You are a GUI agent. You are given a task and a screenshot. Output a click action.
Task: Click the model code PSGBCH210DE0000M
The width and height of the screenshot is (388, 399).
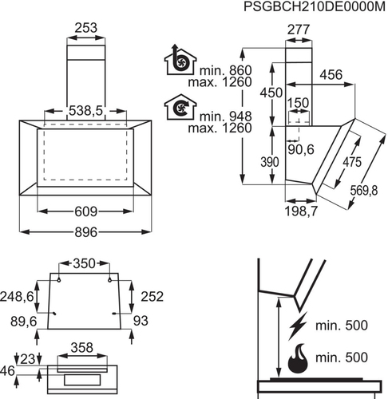coord(315,6)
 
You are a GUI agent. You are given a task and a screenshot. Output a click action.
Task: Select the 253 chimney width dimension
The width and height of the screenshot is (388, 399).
coord(85,28)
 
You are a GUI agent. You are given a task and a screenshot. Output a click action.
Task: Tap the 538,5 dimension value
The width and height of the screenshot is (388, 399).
coord(85,111)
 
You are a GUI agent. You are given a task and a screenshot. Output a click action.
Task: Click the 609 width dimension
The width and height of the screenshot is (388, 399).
coord(85,211)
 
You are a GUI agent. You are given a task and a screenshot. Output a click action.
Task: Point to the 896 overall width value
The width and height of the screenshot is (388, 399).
coord(85,232)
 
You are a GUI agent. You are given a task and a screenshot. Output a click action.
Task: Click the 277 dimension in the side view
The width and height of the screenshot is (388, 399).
coord(299,30)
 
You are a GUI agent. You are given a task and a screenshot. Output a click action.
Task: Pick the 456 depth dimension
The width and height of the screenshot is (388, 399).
coord(331,75)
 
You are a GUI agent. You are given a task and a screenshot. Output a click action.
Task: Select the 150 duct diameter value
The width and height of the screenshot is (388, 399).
coord(298,103)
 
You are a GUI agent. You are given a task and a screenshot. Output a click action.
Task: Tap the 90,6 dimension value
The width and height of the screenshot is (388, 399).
coord(301,150)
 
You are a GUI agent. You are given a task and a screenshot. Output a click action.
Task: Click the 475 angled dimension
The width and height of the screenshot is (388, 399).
coord(352,162)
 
